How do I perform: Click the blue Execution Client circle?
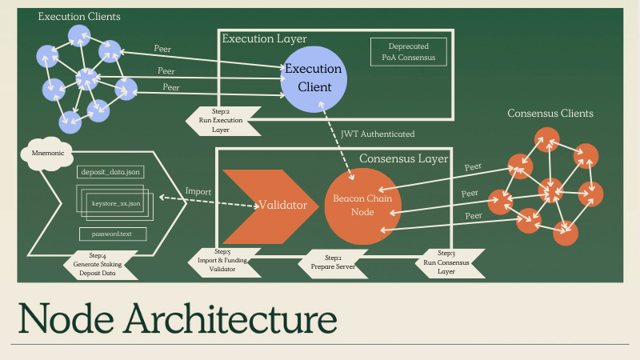[314, 78]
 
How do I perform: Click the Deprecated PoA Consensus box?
[408, 52]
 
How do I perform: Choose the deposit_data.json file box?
[110, 172]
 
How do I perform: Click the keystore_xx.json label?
[116, 203]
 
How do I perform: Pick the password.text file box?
[112, 234]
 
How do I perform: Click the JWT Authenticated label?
[378, 134]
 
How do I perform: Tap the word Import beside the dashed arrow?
[198, 192]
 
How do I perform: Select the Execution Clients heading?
[79, 16]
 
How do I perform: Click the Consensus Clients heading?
[550, 114]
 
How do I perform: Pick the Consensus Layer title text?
[402, 158]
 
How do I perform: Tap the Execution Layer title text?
[264, 38]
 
